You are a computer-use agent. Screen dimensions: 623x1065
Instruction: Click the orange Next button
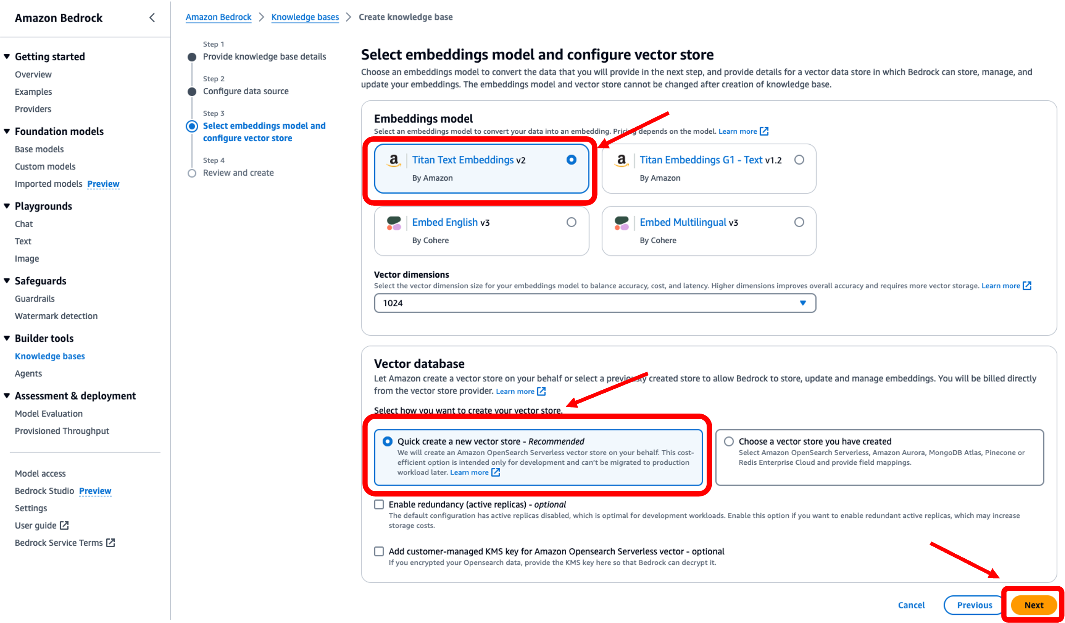tap(1033, 605)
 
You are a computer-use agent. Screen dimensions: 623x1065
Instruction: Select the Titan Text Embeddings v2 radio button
tap(571, 160)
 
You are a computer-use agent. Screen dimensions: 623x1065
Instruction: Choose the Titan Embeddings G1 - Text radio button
tap(799, 160)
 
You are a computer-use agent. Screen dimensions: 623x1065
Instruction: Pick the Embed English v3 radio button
tap(571, 222)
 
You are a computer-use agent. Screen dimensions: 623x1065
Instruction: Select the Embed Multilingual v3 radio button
tap(799, 222)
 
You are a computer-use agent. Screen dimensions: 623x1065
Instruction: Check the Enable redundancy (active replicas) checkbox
tap(379, 504)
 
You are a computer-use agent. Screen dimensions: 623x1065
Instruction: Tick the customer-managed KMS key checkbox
tap(379, 551)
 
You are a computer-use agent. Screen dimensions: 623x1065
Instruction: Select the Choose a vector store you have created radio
tap(729, 441)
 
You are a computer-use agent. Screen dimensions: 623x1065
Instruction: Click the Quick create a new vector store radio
tap(387, 441)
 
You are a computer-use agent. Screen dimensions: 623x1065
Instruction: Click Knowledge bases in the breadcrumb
tap(305, 17)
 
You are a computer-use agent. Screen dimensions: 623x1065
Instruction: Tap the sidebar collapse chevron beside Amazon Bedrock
tap(152, 18)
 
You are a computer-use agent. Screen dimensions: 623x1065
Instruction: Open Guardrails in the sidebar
tap(35, 298)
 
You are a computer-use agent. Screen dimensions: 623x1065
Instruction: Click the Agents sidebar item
tap(28, 373)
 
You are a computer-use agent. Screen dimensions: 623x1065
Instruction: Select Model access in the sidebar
tap(40, 473)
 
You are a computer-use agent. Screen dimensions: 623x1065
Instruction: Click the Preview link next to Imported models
tap(103, 184)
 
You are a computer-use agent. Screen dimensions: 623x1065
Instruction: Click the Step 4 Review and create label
tap(238, 173)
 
